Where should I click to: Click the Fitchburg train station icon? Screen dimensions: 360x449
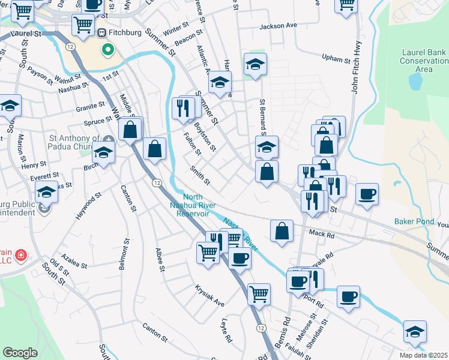[101, 32]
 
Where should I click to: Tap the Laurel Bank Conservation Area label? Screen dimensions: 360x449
[424, 61]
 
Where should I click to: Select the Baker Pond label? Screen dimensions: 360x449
[414, 221]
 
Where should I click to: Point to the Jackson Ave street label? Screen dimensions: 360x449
[279, 26]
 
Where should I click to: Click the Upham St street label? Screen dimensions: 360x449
[336, 60]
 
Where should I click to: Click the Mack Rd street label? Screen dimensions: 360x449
[321, 233]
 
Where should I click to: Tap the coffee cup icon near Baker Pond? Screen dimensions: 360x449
[367, 194]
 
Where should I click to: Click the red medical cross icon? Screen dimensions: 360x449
[21, 256]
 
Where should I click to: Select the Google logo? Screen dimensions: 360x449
[20, 353]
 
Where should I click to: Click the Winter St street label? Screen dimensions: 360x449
[175, 29]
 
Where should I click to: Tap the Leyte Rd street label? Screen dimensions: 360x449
[227, 329]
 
